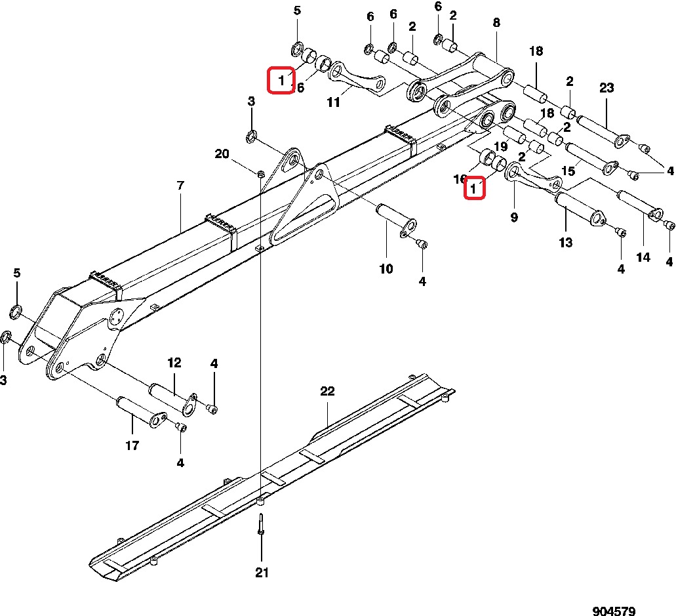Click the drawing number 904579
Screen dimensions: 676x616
(x=614, y=610)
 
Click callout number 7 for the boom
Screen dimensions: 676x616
(x=181, y=186)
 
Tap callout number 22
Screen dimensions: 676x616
(x=327, y=391)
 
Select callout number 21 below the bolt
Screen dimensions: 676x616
(x=262, y=573)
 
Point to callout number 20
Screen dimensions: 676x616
(x=222, y=154)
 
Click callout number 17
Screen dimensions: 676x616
(x=132, y=445)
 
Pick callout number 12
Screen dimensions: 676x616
(x=174, y=363)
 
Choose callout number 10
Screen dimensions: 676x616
(x=386, y=269)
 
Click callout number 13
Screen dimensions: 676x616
(x=566, y=243)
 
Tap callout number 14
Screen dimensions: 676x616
(x=643, y=258)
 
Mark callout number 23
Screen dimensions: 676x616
(x=606, y=87)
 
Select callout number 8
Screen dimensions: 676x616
(x=496, y=22)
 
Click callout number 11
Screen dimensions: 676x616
(x=334, y=102)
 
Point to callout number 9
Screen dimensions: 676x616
(x=514, y=217)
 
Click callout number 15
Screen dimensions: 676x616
(x=568, y=171)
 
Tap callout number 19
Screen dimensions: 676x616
(x=500, y=146)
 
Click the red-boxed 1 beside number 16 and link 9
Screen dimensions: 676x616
(x=474, y=188)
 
